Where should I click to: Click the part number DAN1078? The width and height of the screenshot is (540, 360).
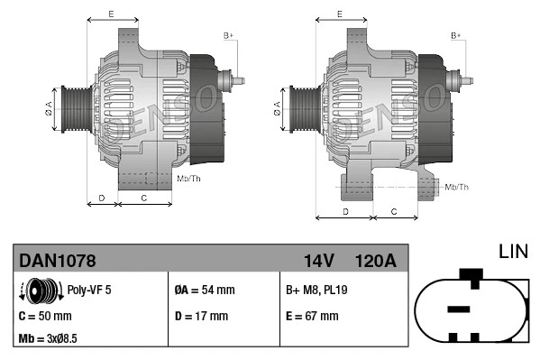(58, 261)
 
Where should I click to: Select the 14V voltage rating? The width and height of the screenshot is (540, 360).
(318, 261)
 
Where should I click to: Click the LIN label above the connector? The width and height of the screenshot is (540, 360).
(514, 250)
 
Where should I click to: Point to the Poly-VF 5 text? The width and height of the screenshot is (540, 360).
(89, 291)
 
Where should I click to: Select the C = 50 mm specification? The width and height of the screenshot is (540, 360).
(45, 316)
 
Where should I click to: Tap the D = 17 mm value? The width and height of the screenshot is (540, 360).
(201, 316)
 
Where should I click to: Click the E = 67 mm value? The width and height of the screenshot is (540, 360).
(312, 316)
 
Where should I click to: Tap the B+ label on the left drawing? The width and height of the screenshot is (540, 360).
(228, 35)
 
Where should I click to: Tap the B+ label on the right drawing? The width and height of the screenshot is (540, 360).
(456, 35)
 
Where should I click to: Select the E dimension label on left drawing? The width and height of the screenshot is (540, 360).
(110, 14)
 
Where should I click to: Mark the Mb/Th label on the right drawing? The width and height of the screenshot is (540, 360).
(457, 187)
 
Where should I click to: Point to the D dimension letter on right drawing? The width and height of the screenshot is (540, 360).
(345, 211)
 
